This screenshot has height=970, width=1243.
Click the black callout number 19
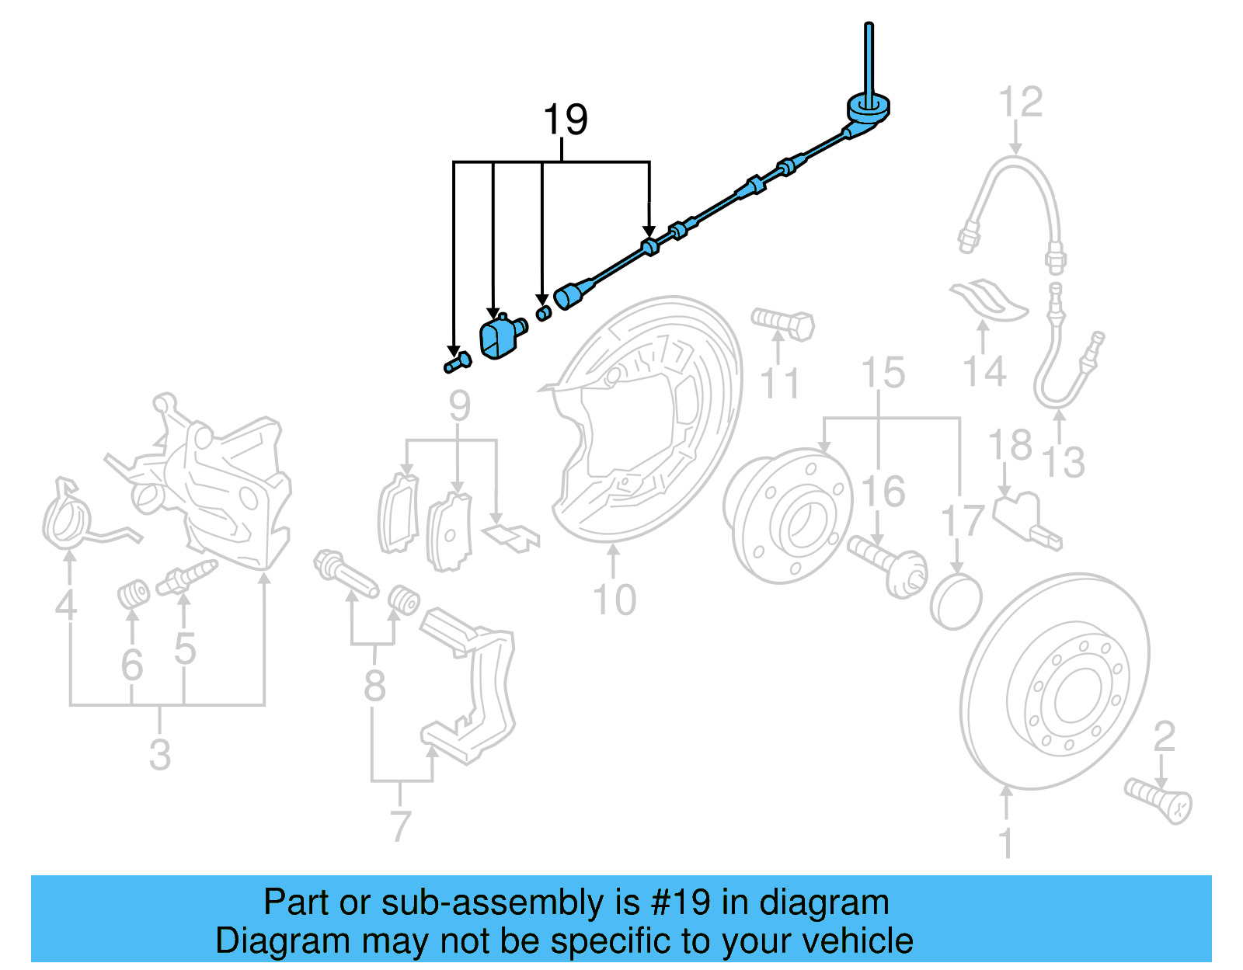coord(565,120)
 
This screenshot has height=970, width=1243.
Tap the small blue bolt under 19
coord(458,362)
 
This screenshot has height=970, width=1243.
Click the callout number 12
coord(1020,103)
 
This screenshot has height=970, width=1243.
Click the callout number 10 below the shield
coord(614,600)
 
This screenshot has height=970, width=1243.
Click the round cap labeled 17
coord(956,602)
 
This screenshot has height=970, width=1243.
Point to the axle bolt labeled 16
coord(886,565)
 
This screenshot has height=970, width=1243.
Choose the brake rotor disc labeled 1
coord(1057,683)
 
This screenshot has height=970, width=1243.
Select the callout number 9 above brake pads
coord(459,406)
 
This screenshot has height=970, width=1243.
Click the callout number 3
coord(159,754)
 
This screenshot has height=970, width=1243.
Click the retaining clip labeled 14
coord(988,301)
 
